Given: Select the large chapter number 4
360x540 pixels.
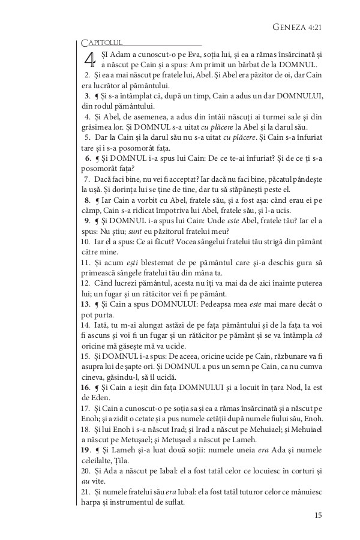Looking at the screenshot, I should coord(89,61).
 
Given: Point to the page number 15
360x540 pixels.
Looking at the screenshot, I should coord(318,514).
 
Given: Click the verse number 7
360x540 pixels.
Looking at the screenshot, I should coord(87,179).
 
